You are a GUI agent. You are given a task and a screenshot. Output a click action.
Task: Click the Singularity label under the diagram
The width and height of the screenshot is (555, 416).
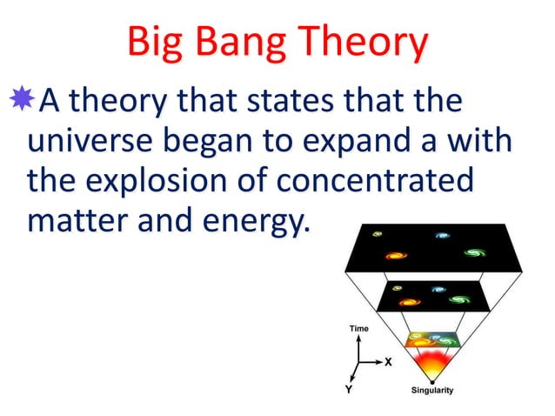pyautogui.click(x=431, y=390)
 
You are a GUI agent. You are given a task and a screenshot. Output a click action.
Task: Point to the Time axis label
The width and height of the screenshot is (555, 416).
pyautogui.click(x=358, y=328)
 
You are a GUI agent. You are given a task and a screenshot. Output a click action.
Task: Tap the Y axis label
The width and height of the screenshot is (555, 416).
pyautogui.click(x=349, y=390)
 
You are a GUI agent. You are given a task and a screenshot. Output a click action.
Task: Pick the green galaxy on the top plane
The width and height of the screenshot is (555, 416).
pyautogui.click(x=474, y=253)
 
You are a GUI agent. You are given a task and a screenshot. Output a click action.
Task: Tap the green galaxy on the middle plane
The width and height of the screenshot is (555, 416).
pyautogui.click(x=458, y=299)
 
